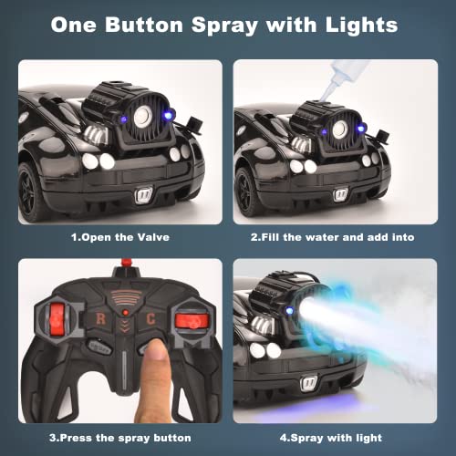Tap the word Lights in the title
(x=357, y=25)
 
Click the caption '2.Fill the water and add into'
(x=332, y=237)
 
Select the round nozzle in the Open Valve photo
(x=142, y=116)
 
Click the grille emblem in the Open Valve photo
(x=145, y=194)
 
